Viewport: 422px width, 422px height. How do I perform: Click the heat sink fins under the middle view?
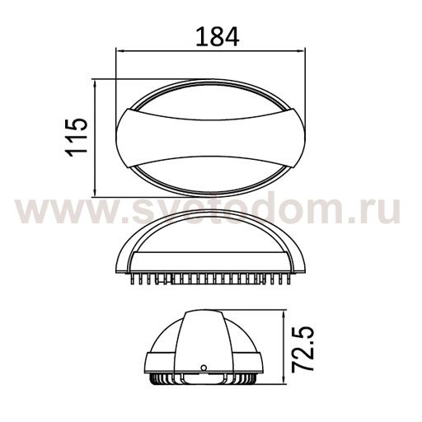pyautogui.click(x=210, y=277)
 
